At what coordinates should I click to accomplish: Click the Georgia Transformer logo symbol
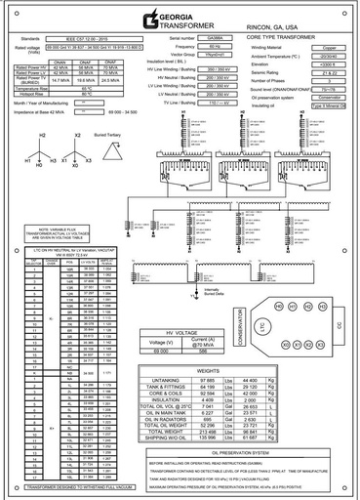coord(148,20)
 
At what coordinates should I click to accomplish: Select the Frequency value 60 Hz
coord(213,46)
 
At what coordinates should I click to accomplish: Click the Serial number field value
coord(214,37)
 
